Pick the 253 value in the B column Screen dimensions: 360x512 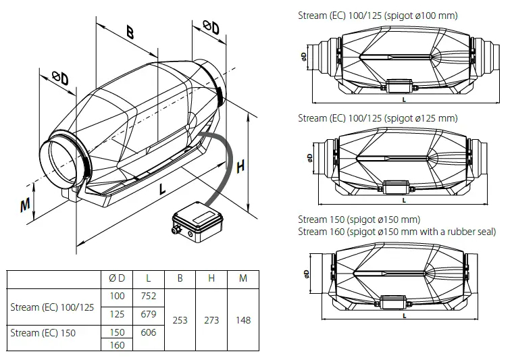tap(180, 319)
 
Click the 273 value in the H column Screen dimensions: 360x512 tap(211, 319)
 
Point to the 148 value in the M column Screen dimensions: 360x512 tap(242, 319)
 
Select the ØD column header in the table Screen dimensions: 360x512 tap(117, 278)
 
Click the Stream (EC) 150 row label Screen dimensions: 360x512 tap(43, 332)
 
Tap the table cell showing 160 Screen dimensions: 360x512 tap(117, 345)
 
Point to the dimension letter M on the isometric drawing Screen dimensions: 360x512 tap(25, 205)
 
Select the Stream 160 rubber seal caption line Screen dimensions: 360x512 tap(396, 232)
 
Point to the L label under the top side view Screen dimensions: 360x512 tap(403, 99)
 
